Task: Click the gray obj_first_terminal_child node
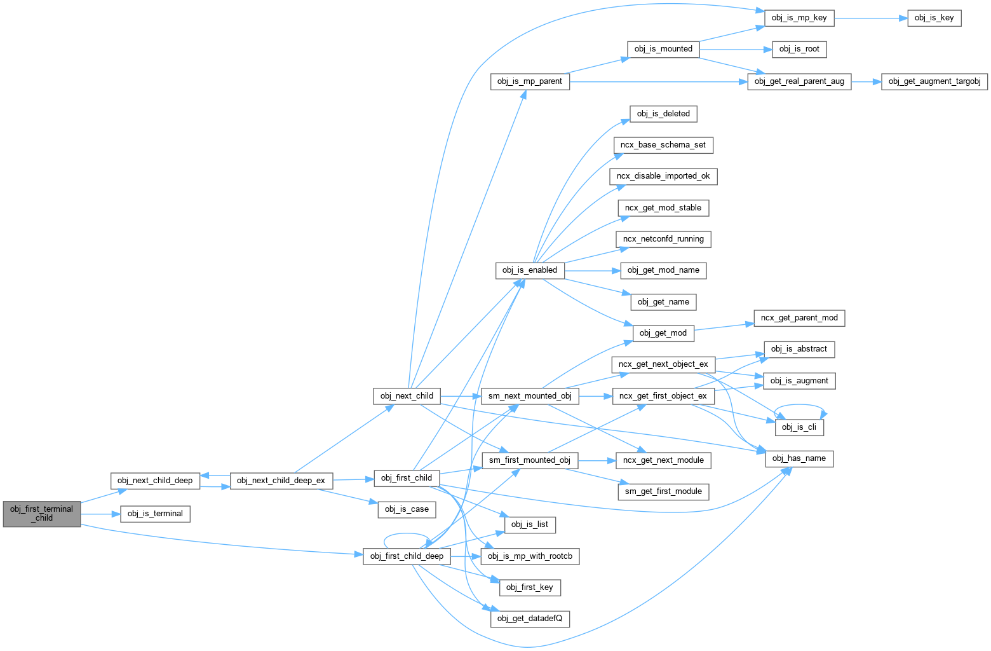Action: click(x=42, y=514)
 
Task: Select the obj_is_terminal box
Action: click(x=155, y=514)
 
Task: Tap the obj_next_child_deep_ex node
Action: click(x=281, y=481)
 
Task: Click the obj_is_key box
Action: click(x=934, y=18)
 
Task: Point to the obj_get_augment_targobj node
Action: click(x=934, y=81)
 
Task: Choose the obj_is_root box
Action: click(x=799, y=49)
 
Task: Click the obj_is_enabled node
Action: click(x=529, y=270)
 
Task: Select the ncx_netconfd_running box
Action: click(x=663, y=239)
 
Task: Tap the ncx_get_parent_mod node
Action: click(x=799, y=318)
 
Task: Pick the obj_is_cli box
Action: click(x=799, y=427)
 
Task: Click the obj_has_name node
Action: click(x=799, y=458)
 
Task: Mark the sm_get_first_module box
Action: click(x=663, y=491)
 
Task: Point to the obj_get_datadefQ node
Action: click(x=530, y=619)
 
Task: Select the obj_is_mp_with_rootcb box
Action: click(x=530, y=556)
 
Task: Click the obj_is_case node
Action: click(x=407, y=509)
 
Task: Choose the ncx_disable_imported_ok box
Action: click(x=663, y=176)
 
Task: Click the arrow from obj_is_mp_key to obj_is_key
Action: click(x=870, y=18)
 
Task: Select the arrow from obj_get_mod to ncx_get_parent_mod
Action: click(x=724, y=327)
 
